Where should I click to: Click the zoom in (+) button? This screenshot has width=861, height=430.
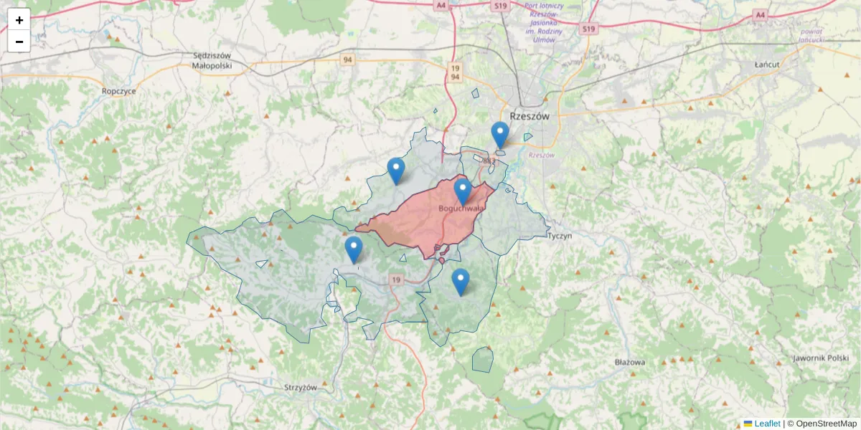pyautogui.click(x=19, y=19)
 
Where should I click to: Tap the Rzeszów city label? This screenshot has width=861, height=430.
pyautogui.click(x=529, y=115)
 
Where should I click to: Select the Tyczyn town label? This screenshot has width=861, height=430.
pyautogui.click(x=559, y=235)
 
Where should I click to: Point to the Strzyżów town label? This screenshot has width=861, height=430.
pyautogui.click(x=300, y=388)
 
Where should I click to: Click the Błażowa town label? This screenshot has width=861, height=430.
pyautogui.click(x=630, y=362)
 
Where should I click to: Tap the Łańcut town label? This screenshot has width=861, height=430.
pyautogui.click(x=766, y=64)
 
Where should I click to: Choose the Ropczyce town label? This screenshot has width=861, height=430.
pyautogui.click(x=119, y=91)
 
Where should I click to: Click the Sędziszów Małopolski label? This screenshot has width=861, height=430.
pyautogui.click(x=212, y=60)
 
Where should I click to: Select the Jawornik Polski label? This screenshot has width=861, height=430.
pyautogui.click(x=821, y=358)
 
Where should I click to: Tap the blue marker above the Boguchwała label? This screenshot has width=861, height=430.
pyautogui.click(x=463, y=191)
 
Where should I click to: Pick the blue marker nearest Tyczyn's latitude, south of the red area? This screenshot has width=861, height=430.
pyautogui.click(x=461, y=282)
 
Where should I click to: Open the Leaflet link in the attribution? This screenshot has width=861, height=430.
pyautogui.click(x=766, y=424)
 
